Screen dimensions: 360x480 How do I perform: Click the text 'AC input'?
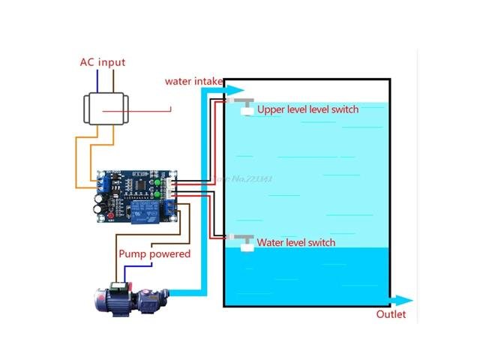tap(103, 62)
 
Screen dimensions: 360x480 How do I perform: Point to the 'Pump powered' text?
tap(154, 253)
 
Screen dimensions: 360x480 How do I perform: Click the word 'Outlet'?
tap(391, 314)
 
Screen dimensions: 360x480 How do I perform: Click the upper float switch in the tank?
tap(245, 108)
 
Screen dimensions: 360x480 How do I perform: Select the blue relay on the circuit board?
tap(145, 211)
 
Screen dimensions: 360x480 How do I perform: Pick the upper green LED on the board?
tap(157, 181)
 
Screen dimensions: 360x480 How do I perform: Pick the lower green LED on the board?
tap(157, 193)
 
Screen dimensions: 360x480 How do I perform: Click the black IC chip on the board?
tap(140, 184)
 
